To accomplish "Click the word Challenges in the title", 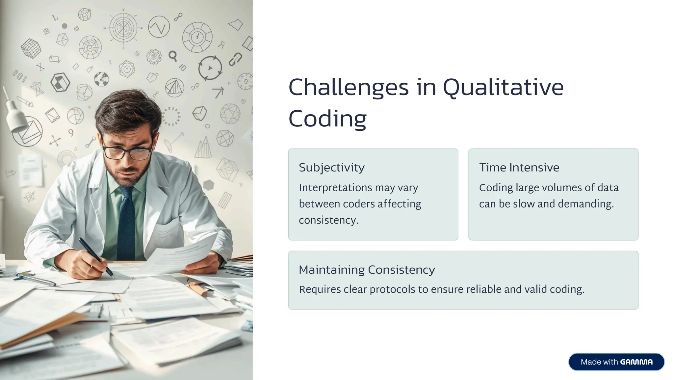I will pos(348,88).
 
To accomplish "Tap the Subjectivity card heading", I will pos(331,168).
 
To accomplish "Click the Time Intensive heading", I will pos(519,168).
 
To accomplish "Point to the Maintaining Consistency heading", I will pos(367,270).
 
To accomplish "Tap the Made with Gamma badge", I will pos(616,362).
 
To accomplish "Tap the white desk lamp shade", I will pos(16,117).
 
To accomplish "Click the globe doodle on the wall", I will pos(101,79).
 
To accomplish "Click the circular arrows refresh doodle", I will pos(210,68).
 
